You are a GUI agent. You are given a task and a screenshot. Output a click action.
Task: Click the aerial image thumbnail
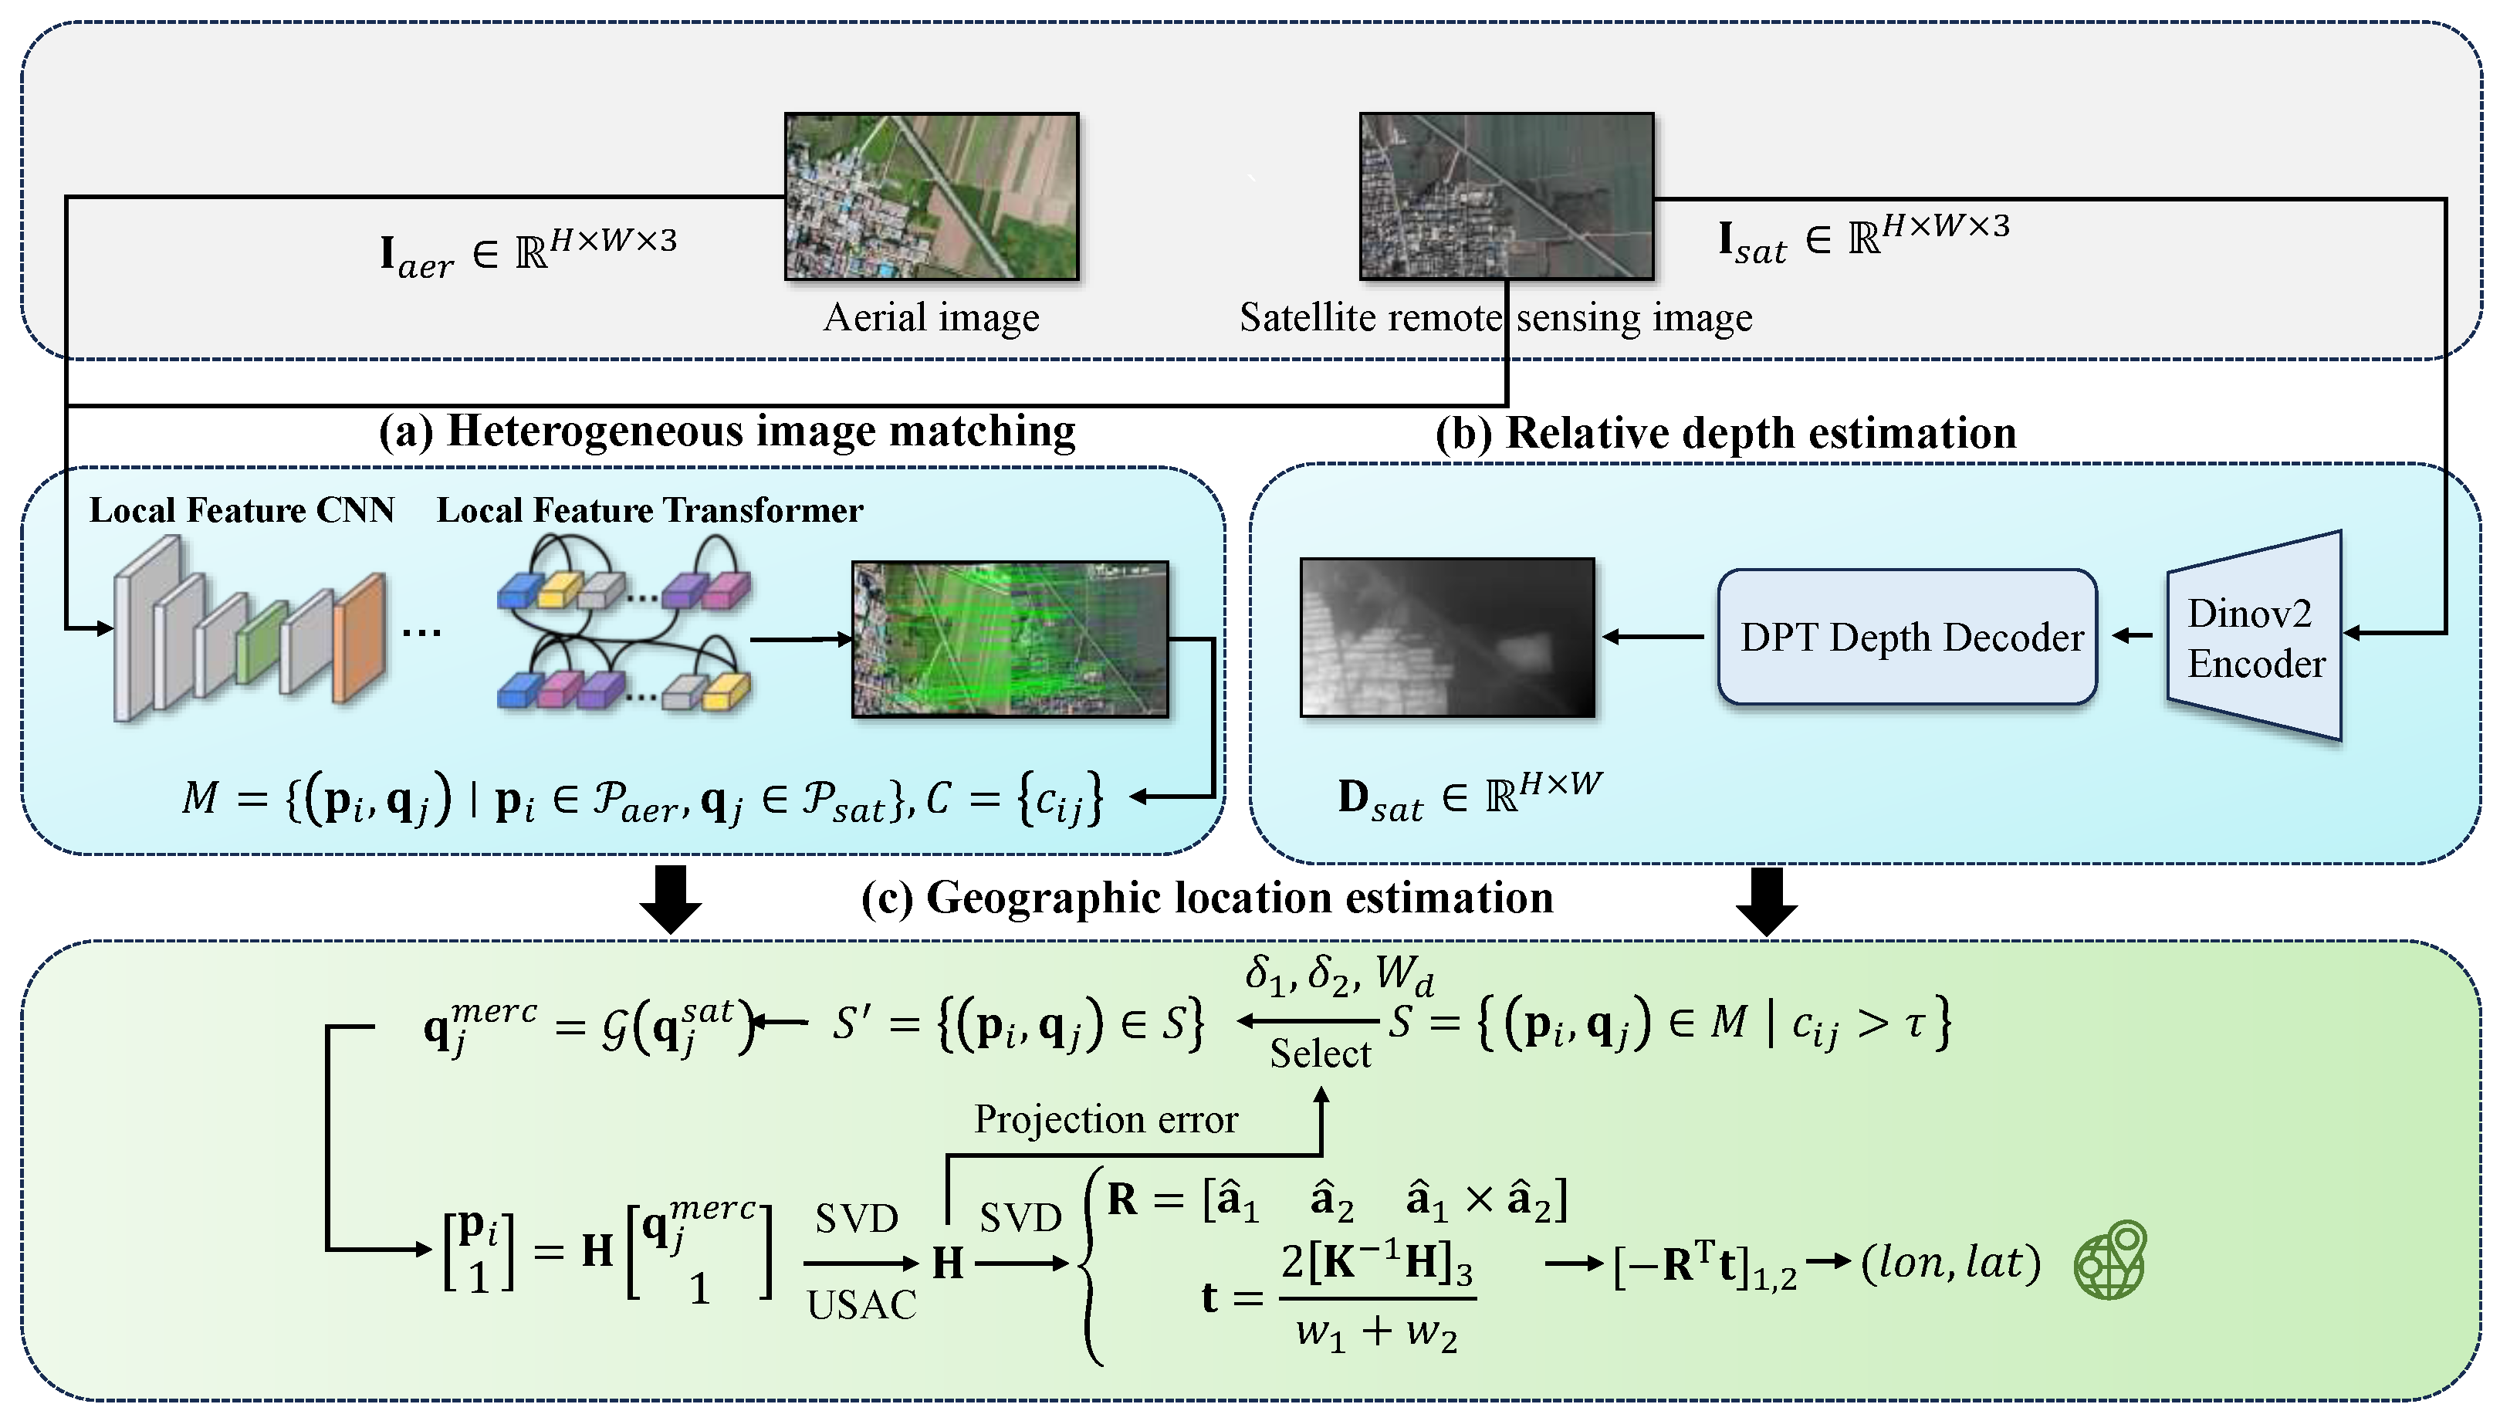tap(931, 196)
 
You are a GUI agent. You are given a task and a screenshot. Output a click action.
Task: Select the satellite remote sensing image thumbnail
tap(1506, 196)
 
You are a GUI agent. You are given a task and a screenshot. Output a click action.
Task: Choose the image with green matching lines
tap(1009, 639)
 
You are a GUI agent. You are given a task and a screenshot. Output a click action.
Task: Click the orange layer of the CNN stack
tap(359, 639)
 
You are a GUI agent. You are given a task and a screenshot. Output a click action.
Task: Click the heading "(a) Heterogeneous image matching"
tap(727, 431)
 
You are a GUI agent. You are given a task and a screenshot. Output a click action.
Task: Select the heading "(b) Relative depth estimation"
tap(1725, 433)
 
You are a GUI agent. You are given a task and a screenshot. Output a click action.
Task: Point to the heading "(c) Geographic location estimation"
tap(1207, 898)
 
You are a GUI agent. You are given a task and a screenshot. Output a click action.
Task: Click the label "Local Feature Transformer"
tap(649, 510)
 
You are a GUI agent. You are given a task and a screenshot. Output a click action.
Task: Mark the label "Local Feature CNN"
tap(242, 510)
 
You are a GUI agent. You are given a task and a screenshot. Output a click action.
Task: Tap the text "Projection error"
tap(1105, 1119)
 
